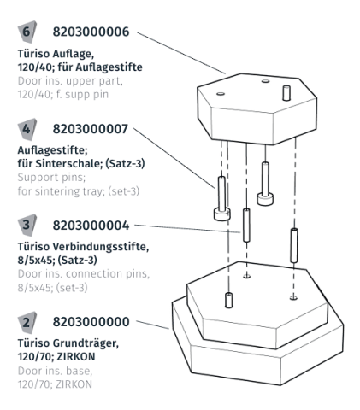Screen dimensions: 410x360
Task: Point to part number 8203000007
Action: click(90, 128)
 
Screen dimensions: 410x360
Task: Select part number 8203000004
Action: click(90, 225)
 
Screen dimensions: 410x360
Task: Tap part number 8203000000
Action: click(90, 322)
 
